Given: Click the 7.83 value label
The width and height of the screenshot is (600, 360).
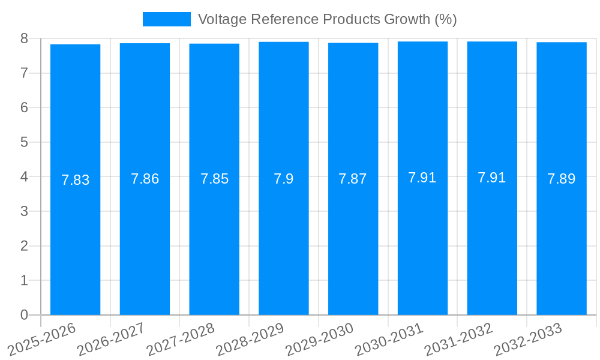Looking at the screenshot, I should pyautogui.click(x=76, y=180).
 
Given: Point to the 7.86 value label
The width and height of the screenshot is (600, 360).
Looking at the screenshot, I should pyautogui.click(x=145, y=179).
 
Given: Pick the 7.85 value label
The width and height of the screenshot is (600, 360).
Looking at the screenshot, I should pyautogui.click(x=214, y=179).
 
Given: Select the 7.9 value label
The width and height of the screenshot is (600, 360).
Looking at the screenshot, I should pyautogui.click(x=284, y=179).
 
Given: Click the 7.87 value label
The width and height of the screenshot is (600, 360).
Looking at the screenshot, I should pyautogui.click(x=353, y=179).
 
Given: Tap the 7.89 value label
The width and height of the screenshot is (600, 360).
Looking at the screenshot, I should pyautogui.click(x=562, y=179).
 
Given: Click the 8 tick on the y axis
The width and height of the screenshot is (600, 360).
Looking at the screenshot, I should pyautogui.click(x=24, y=38).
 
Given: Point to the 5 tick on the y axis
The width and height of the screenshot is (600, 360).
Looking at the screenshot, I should pyautogui.click(x=24, y=142).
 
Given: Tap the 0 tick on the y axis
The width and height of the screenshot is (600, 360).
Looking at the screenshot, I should pyautogui.click(x=24, y=315).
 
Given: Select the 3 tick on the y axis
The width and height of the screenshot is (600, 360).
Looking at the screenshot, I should pyautogui.click(x=24, y=211).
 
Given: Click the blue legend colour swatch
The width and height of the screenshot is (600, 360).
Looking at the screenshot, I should pyautogui.click(x=167, y=19).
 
